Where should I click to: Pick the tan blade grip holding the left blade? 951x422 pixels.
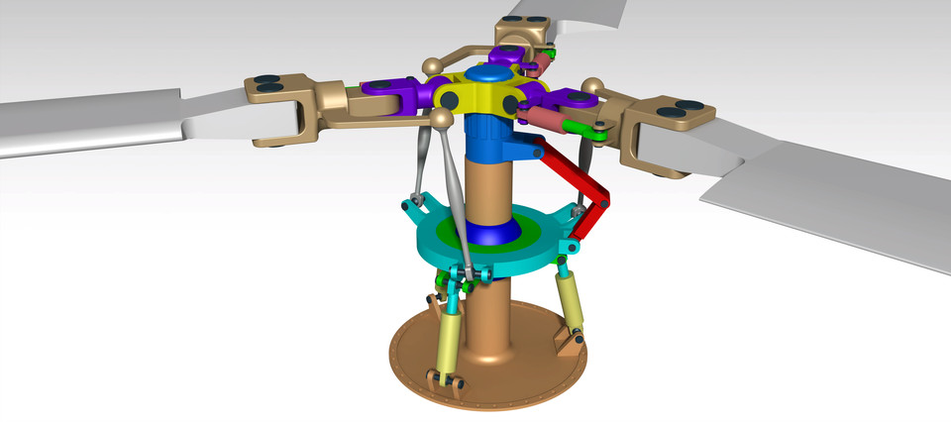pyautogui.click(x=287, y=109)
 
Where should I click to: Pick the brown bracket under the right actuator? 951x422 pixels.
pyautogui.click(x=569, y=342)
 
